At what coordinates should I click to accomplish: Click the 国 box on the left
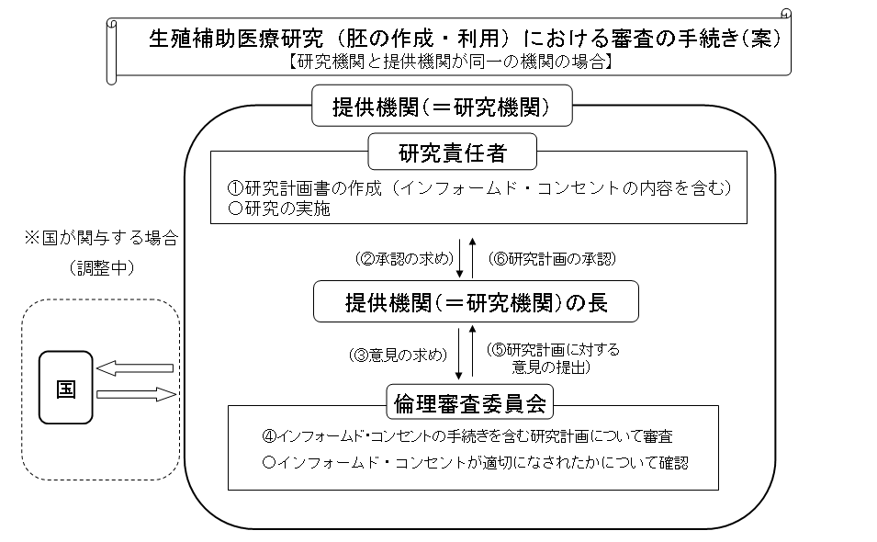66,388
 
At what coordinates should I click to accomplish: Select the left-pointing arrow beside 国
135,368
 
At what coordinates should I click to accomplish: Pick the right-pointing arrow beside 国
135,395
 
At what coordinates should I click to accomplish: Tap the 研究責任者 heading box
452,152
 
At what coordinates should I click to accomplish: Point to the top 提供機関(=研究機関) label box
443,107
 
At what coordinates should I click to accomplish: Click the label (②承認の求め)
401,258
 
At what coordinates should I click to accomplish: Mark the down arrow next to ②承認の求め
459,258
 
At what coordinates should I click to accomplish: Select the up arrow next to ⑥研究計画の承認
473,256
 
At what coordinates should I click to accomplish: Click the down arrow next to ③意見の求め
459,354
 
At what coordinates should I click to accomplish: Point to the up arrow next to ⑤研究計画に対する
473,354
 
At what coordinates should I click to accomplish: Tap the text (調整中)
100,267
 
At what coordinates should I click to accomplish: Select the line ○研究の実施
279,209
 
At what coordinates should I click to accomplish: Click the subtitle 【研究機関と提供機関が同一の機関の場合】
450,63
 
